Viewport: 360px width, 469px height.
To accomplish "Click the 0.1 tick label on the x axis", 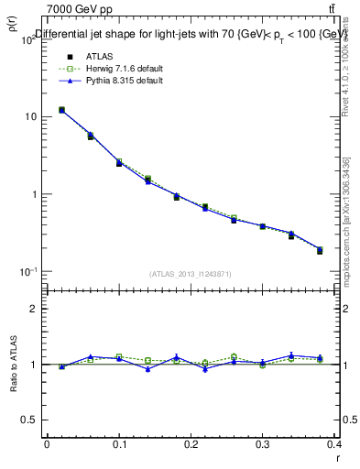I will tap(118, 444).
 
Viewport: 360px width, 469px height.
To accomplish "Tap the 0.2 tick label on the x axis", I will tap(191, 444).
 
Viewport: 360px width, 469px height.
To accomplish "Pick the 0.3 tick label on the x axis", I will tap(263, 444).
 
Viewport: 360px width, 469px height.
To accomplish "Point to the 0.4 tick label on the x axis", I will tap(334, 444).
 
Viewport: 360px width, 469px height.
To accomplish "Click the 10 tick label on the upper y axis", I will tap(30, 117).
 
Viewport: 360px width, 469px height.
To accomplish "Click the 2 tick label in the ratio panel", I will tap(33, 309).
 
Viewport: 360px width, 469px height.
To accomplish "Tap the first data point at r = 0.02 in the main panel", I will tap(61, 110).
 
